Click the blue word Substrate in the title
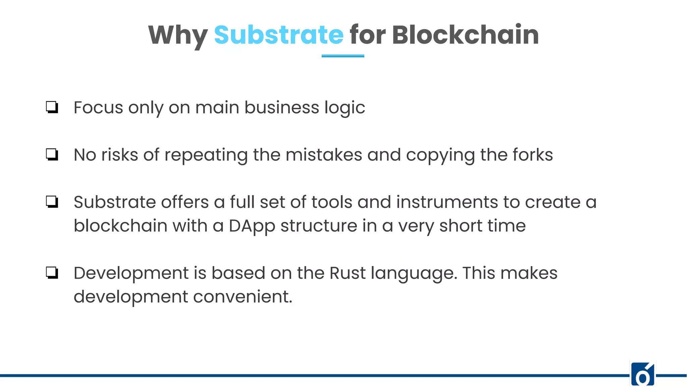click(278, 35)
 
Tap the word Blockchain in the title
click(465, 35)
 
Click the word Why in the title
click(178, 36)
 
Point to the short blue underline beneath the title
click(343, 56)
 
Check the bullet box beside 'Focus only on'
click(52, 107)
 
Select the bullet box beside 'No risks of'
click(52, 155)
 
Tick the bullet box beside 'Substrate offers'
click(52, 202)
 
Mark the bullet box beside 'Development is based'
click(52, 273)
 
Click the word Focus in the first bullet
click(98, 107)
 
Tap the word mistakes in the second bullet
click(324, 155)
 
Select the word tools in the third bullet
click(332, 202)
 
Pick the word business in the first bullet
click(281, 107)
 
